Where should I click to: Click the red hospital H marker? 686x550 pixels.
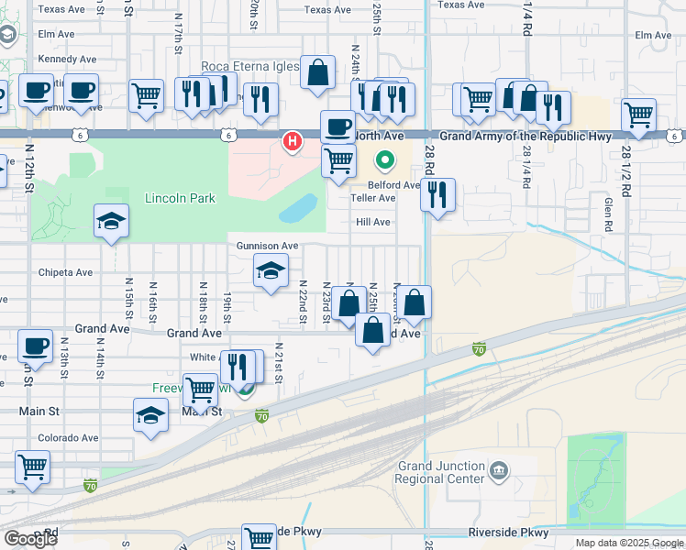pyautogui.click(x=292, y=141)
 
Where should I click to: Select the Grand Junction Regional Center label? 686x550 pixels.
pyautogui.click(x=440, y=472)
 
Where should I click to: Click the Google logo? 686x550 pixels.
pyautogui.click(x=29, y=539)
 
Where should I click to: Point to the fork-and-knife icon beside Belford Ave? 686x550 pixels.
pyautogui.click(x=438, y=194)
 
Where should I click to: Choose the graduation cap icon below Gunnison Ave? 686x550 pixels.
pyautogui.click(x=271, y=270)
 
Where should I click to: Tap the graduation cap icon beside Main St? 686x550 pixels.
pyautogui.click(x=151, y=415)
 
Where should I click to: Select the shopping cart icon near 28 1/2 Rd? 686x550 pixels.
pyautogui.click(x=638, y=115)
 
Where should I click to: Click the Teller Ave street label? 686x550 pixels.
pyautogui.click(x=373, y=198)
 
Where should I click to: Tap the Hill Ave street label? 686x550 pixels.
pyautogui.click(x=373, y=222)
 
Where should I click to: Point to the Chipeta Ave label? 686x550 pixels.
pyautogui.click(x=66, y=272)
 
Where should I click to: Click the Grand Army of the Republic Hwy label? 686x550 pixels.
pyautogui.click(x=526, y=137)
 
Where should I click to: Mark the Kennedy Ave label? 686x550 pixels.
pyautogui.click(x=68, y=59)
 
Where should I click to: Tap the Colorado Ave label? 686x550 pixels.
pyautogui.click(x=68, y=437)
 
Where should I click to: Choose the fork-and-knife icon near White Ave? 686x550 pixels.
pyautogui.click(x=238, y=365)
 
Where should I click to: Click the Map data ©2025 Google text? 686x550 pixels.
pyautogui.click(x=628, y=543)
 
